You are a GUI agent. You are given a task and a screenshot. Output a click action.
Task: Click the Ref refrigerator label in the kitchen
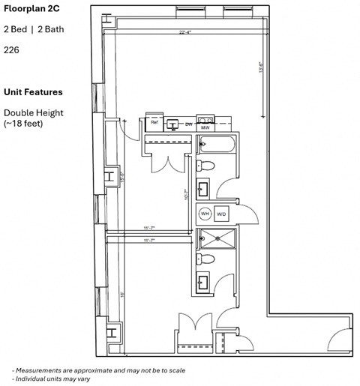[x=154, y=121]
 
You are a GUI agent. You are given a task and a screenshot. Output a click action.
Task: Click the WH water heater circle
[x=205, y=214]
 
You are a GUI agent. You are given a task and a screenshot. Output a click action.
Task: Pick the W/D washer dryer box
[x=222, y=214]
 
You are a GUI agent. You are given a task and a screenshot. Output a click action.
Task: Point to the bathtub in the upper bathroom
[x=217, y=145]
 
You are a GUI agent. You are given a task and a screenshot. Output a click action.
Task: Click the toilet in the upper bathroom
[x=208, y=166]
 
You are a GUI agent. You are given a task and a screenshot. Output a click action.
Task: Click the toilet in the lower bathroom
[x=208, y=259]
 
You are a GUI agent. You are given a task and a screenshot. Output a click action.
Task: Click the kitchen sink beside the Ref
[x=172, y=121]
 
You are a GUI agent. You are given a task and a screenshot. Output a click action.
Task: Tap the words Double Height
[x=33, y=112]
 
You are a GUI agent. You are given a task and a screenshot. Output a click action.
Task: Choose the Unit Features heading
[x=33, y=92]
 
